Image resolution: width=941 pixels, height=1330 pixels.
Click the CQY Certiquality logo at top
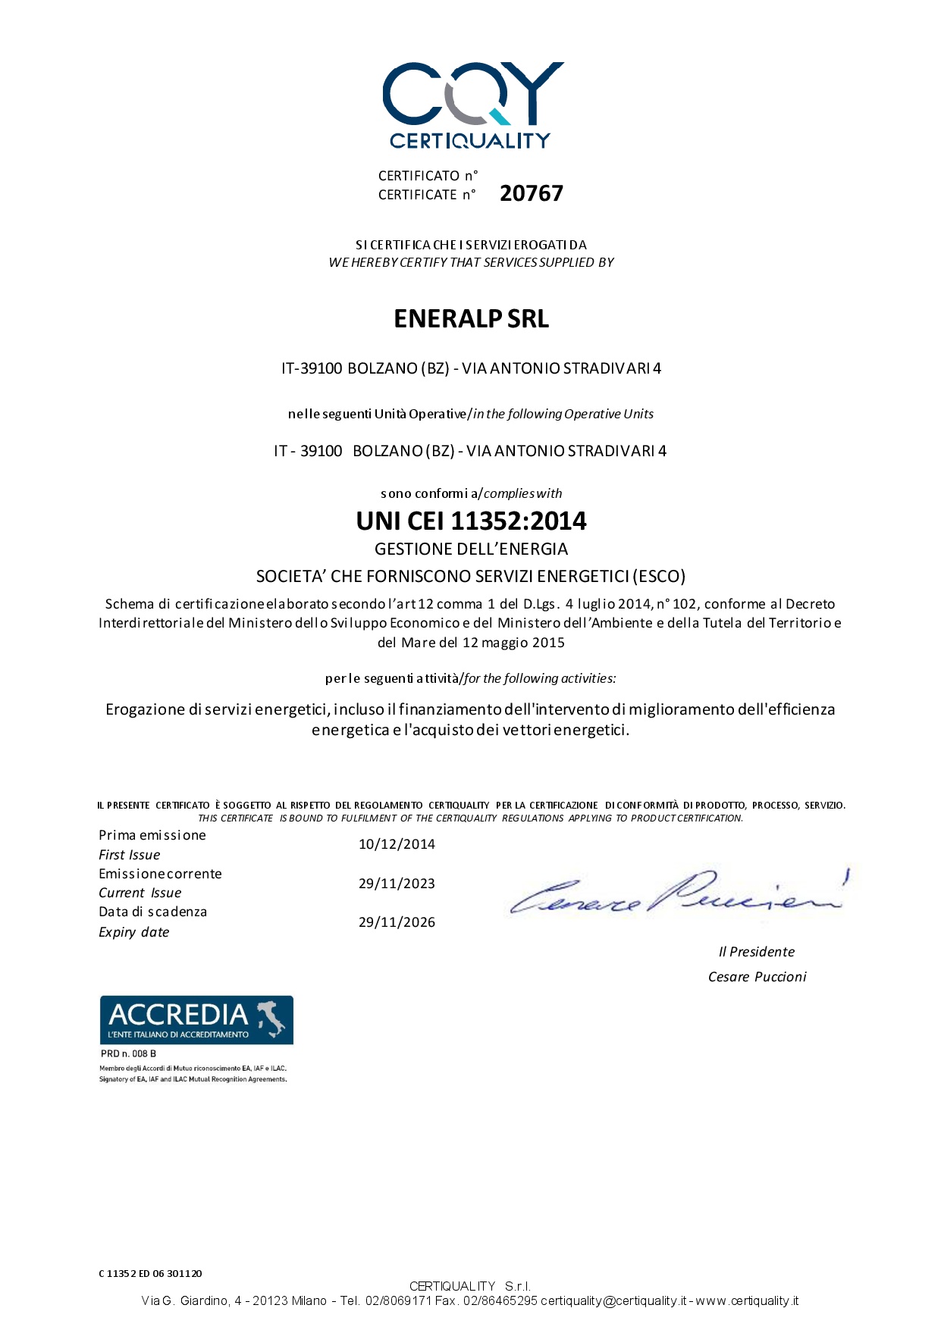click(x=472, y=105)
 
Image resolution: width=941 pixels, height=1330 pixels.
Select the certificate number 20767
click(x=531, y=193)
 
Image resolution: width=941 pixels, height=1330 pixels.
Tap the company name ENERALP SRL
click(x=471, y=318)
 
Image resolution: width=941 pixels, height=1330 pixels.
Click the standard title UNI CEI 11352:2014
click(x=471, y=521)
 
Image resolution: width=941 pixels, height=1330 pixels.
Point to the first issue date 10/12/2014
click(x=397, y=844)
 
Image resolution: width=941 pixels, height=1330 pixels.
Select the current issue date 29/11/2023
click(x=397, y=884)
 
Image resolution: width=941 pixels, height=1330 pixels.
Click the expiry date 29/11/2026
click(x=397, y=922)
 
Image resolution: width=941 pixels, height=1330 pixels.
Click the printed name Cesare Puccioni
click(x=757, y=977)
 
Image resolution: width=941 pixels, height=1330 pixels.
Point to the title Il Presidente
click(x=757, y=952)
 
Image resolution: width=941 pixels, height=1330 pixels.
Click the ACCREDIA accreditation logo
click(x=196, y=1020)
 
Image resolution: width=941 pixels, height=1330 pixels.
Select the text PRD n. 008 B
click(x=128, y=1054)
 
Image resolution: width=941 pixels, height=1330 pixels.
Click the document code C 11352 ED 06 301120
click(x=150, y=1273)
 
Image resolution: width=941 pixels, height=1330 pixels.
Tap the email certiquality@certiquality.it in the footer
click(x=613, y=1300)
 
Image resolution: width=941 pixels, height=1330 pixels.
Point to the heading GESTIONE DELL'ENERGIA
click(x=471, y=549)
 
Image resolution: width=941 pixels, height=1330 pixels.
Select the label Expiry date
click(x=133, y=932)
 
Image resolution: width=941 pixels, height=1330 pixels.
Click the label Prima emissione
click(x=152, y=835)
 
